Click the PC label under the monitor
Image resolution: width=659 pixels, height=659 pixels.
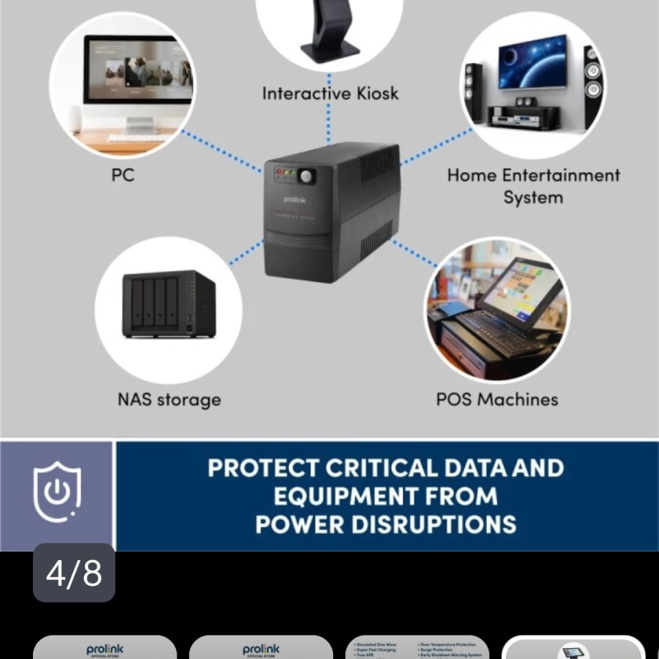click(x=123, y=176)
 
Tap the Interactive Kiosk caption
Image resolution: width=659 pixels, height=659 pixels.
click(x=330, y=94)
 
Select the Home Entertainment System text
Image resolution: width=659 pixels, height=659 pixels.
click(x=533, y=186)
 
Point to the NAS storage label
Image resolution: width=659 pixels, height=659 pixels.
click(x=169, y=400)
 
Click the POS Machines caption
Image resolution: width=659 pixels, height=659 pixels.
click(x=497, y=400)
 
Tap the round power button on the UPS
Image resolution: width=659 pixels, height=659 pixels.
click(x=306, y=176)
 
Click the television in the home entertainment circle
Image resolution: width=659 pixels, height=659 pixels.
click(x=532, y=62)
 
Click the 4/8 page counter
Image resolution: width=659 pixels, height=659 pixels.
click(x=74, y=573)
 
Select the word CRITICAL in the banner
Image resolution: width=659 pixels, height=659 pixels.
click(x=385, y=469)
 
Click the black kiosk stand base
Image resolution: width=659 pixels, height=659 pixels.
click(x=330, y=50)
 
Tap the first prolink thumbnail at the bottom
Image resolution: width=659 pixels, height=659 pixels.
click(x=105, y=648)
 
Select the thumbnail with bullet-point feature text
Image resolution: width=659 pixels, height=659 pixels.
click(x=417, y=648)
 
